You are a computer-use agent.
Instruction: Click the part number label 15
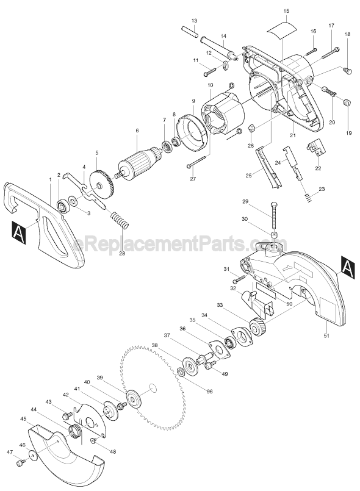pos(286,11)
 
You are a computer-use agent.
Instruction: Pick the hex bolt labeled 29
pos(273,216)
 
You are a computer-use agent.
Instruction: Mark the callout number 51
pos(326,335)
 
